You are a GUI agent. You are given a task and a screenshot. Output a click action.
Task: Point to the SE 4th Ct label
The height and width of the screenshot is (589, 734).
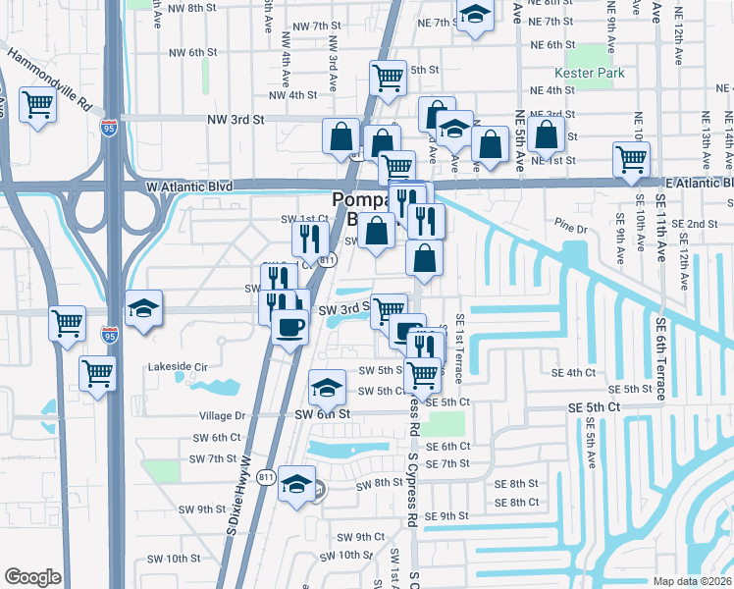[x=574, y=373]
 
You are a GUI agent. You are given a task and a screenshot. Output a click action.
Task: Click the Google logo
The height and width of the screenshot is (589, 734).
[x=32, y=576]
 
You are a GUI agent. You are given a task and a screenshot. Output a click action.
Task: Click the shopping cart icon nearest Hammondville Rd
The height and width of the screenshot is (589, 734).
[x=37, y=103]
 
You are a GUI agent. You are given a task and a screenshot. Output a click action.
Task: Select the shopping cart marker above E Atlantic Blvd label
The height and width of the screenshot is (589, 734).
[x=631, y=158]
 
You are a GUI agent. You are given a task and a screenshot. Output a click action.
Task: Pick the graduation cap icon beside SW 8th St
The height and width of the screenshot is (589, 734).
[x=296, y=483]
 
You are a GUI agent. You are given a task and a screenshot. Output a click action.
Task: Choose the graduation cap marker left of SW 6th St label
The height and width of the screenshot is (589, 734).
[x=327, y=387]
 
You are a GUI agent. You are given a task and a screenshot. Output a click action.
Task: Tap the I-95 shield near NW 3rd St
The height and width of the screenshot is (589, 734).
[x=108, y=127]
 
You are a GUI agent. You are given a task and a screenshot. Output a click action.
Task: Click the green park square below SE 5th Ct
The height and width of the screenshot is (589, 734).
[x=446, y=425]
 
